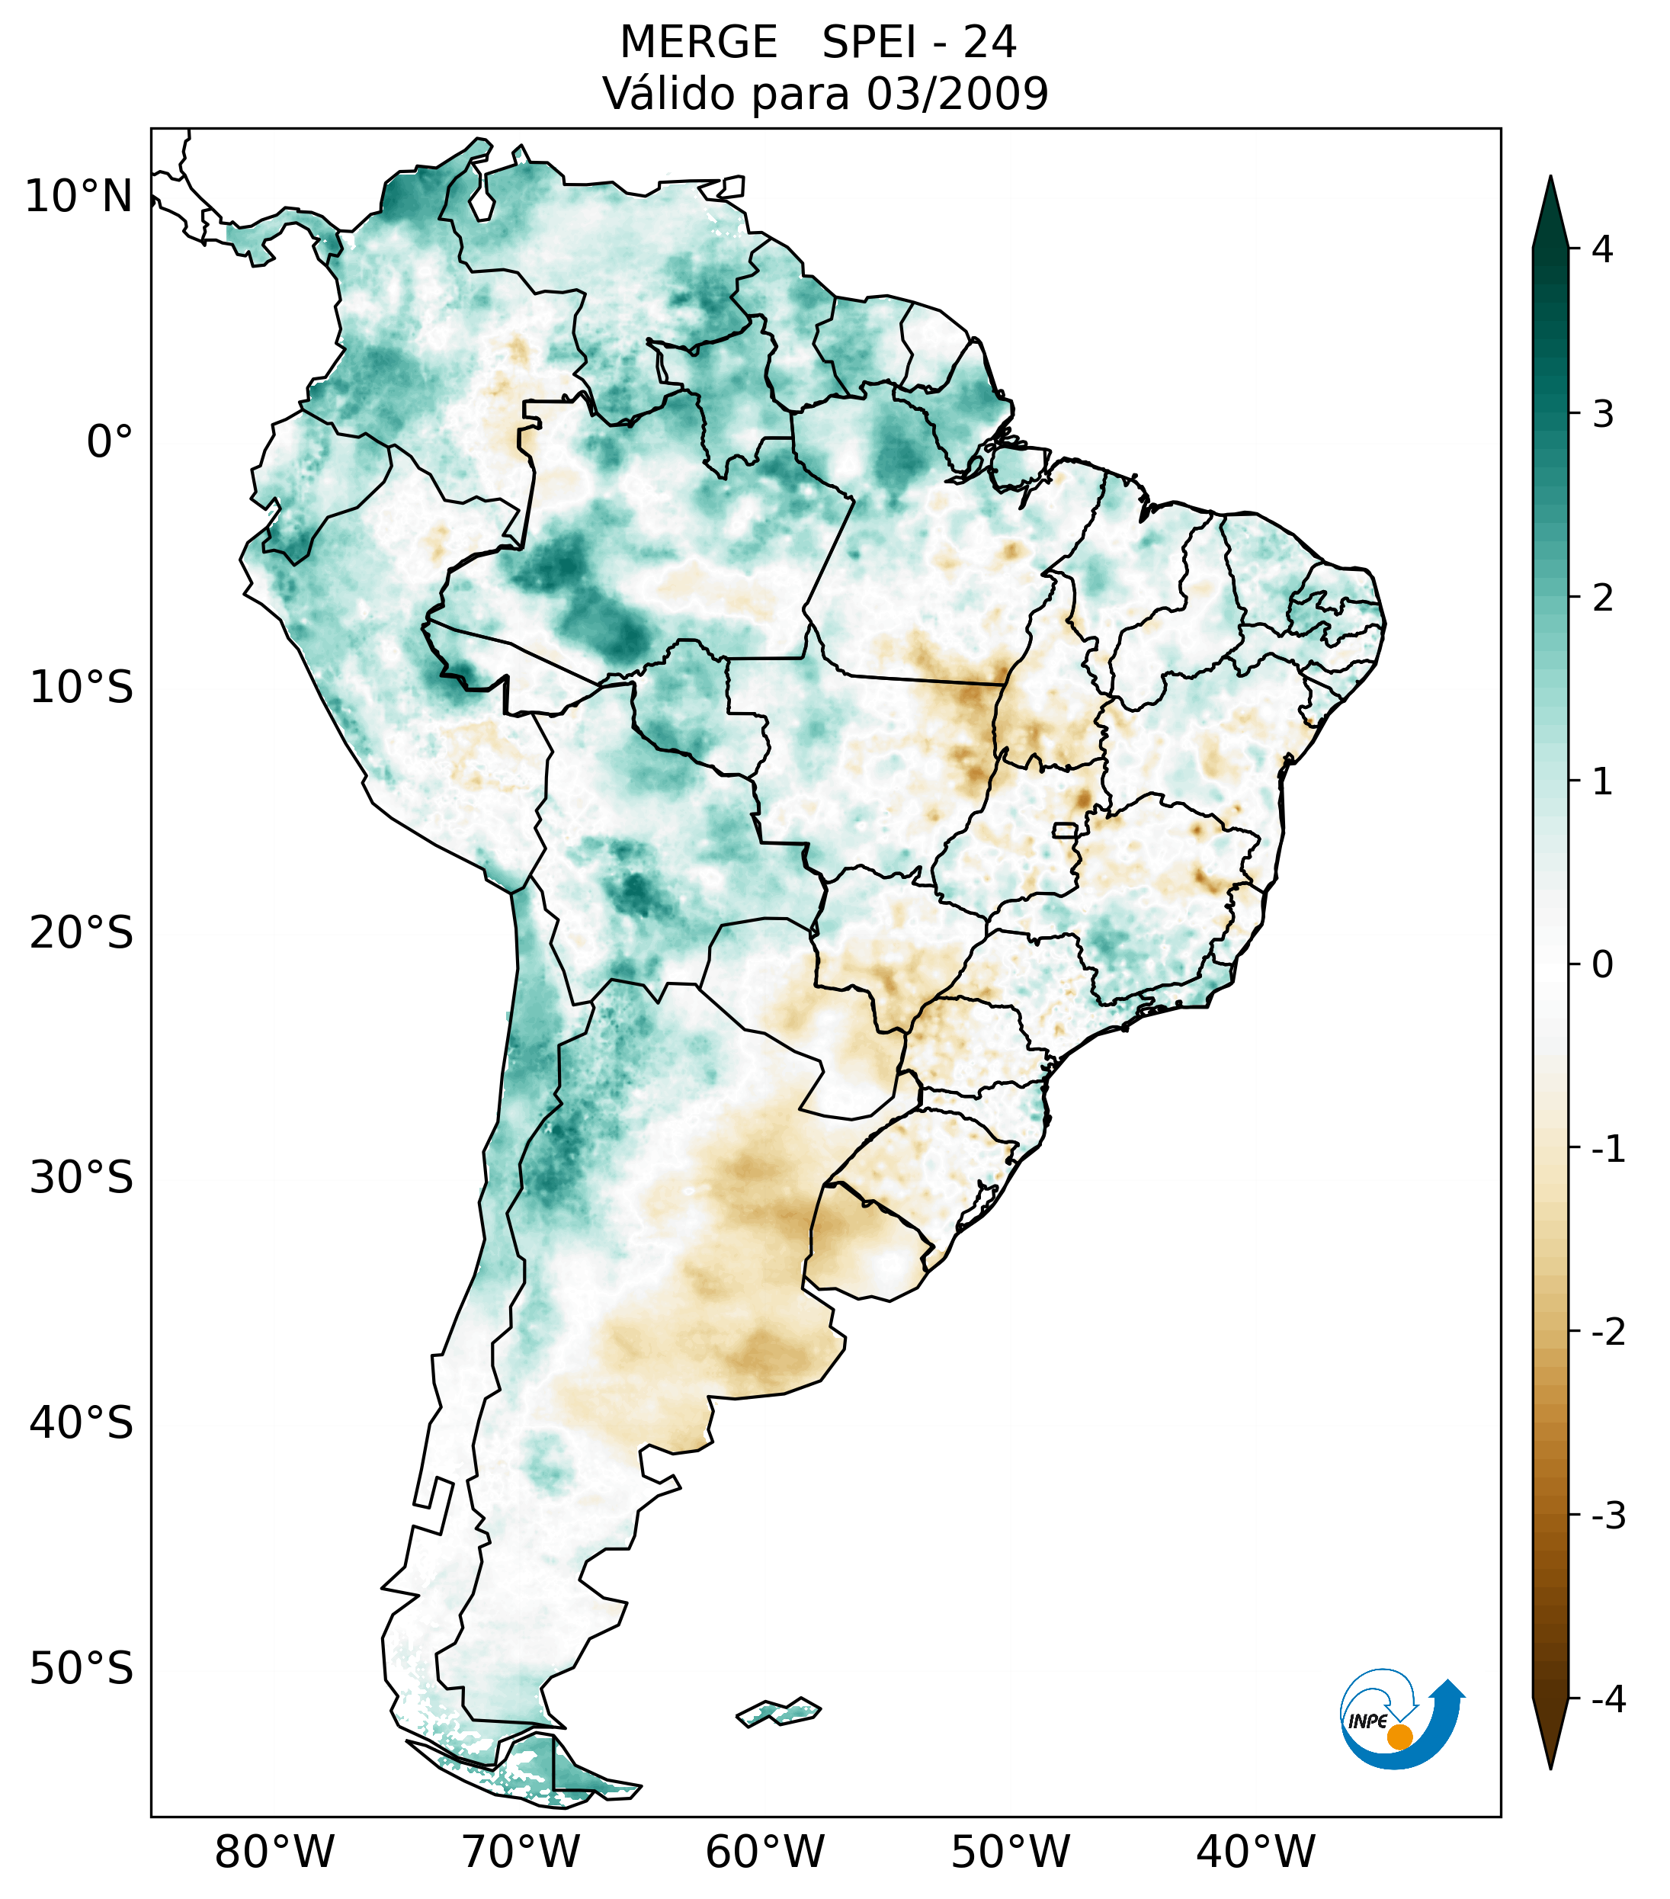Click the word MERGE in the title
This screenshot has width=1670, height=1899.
[x=698, y=43]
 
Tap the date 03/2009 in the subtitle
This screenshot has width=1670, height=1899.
[x=957, y=94]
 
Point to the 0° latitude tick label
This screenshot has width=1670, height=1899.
[x=109, y=442]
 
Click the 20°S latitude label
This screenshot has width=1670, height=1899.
[x=82, y=933]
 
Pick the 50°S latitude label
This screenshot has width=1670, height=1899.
[x=82, y=1670]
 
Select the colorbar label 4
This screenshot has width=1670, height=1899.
[x=1602, y=249]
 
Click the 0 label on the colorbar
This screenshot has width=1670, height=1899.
[x=1602, y=965]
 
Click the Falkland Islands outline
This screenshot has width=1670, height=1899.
[x=778, y=1711]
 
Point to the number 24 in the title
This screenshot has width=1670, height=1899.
[x=989, y=43]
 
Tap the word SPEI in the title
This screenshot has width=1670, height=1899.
[x=868, y=43]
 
